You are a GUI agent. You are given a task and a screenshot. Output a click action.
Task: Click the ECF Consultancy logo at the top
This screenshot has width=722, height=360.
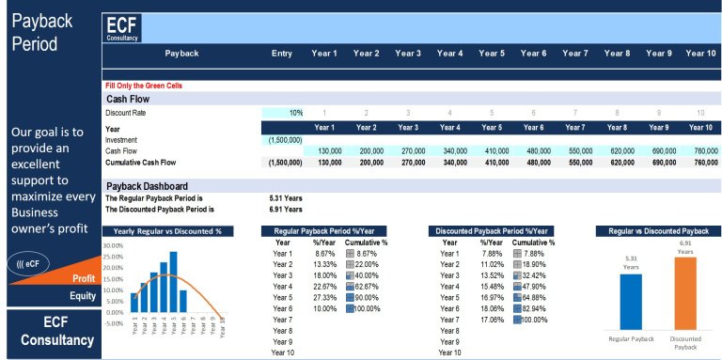(x=124, y=28)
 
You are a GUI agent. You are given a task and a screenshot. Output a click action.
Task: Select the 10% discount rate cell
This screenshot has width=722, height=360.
(x=282, y=113)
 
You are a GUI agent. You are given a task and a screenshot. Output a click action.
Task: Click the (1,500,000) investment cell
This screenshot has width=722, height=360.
(x=282, y=139)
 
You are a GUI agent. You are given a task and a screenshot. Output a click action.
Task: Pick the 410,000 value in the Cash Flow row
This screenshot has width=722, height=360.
(x=490, y=150)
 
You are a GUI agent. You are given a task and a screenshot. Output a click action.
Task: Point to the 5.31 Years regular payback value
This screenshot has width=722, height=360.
(x=286, y=198)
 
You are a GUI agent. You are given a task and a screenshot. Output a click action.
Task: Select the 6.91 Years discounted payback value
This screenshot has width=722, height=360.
(x=286, y=210)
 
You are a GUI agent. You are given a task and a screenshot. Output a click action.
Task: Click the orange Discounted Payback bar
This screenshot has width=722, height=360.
(x=684, y=292)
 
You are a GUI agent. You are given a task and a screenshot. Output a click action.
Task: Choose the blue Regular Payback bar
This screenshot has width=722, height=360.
(x=631, y=301)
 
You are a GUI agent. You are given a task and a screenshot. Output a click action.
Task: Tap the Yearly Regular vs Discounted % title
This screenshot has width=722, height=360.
(x=167, y=230)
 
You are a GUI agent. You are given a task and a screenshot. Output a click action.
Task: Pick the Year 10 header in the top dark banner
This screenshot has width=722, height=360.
(x=699, y=54)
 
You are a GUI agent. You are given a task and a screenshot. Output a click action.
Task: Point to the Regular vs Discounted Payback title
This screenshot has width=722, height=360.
(x=658, y=230)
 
